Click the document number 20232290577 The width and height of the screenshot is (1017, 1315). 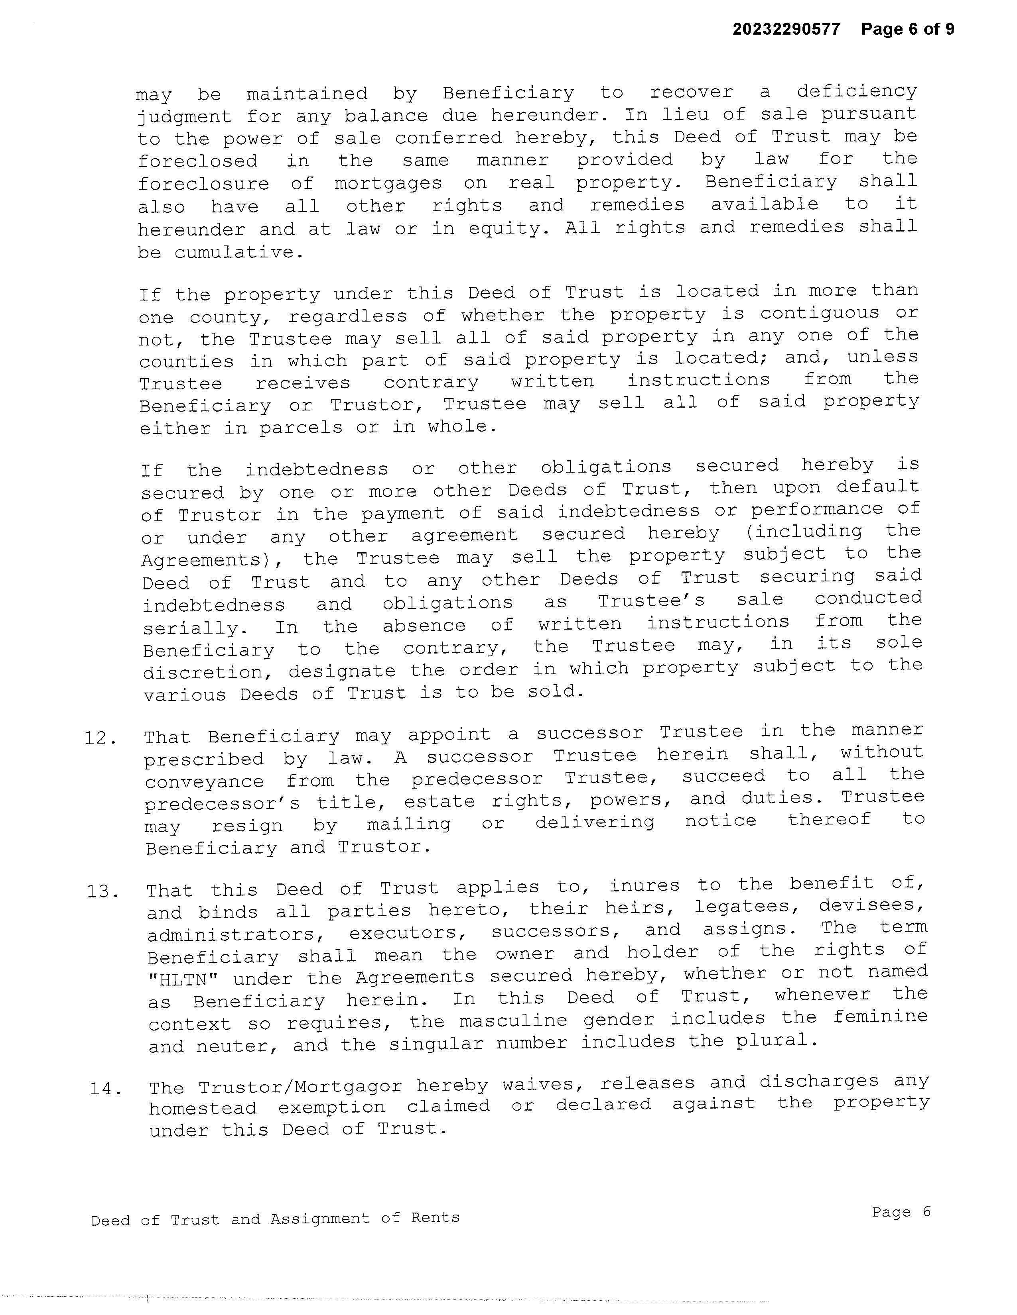786,29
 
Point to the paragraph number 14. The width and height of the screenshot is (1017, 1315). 105,1088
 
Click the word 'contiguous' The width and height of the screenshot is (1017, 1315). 820,314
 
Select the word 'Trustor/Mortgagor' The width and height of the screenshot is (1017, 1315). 301,1087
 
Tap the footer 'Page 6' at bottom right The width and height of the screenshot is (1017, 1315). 901,1211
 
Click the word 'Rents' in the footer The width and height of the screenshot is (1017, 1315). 435,1217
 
